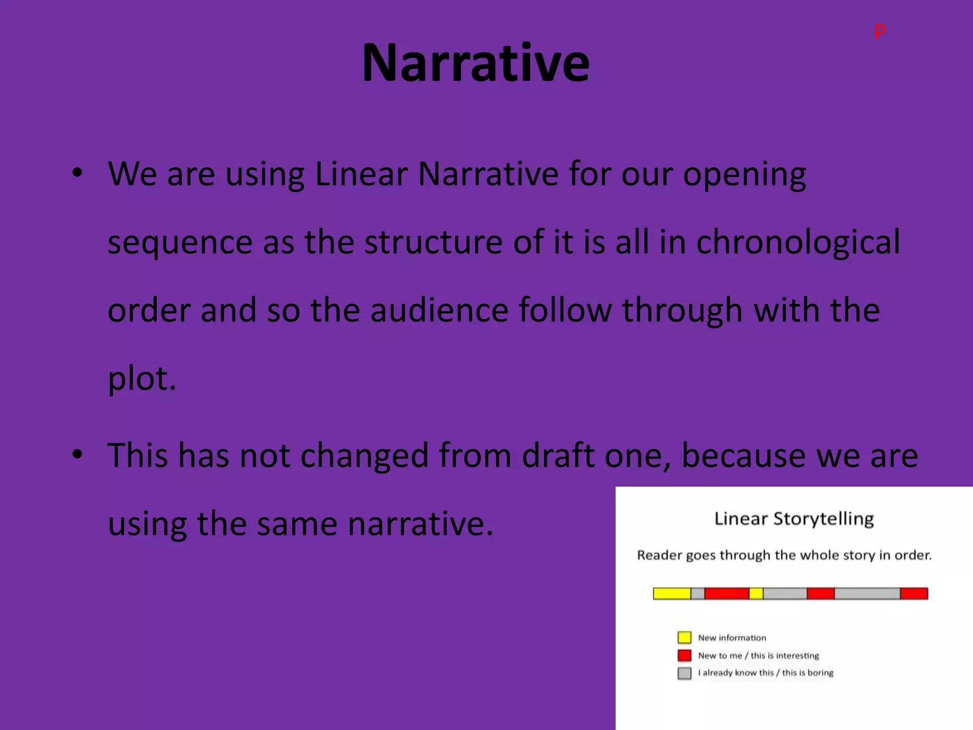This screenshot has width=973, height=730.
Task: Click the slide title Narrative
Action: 475,63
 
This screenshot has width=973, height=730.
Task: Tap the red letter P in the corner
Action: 879,32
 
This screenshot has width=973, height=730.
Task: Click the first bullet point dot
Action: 77,173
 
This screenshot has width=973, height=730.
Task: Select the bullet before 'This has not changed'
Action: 77,455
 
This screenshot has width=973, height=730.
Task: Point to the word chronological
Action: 798,242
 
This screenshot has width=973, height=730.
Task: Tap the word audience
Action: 439,310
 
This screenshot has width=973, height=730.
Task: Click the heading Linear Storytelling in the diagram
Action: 794,519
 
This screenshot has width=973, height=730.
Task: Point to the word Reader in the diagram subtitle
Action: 660,555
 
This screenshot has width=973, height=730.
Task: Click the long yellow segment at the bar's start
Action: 672,594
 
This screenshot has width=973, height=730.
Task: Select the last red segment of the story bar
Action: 914,594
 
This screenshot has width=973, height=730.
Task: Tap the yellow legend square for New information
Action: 684,637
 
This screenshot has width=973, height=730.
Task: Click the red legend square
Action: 684,655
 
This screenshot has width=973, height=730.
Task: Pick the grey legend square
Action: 684,673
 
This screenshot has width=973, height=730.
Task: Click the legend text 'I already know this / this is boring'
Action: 765,672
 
